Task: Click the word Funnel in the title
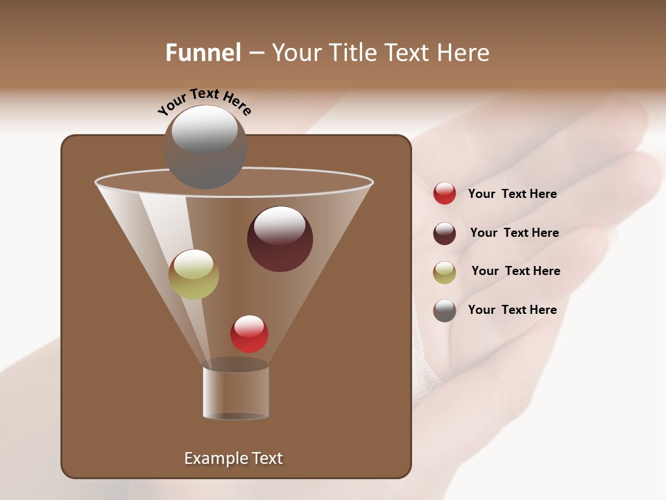(x=203, y=53)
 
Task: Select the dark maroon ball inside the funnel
(x=280, y=240)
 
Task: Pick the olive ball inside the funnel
(x=194, y=274)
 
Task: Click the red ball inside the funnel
(x=249, y=334)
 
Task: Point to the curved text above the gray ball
(x=204, y=101)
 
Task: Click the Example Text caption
(x=233, y=458)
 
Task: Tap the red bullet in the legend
(x=445, y=194)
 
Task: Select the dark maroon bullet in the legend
(x=445, y=233)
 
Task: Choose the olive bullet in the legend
(x=445, y=272)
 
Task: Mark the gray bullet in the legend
(x=445, y=310)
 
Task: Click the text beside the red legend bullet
(x=512, y=194)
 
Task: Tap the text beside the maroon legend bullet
(x=514, y=233)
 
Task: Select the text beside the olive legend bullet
(x=515, y=271)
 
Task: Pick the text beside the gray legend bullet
(x=512, y=310)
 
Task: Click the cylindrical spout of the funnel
(x=236, y=392)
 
